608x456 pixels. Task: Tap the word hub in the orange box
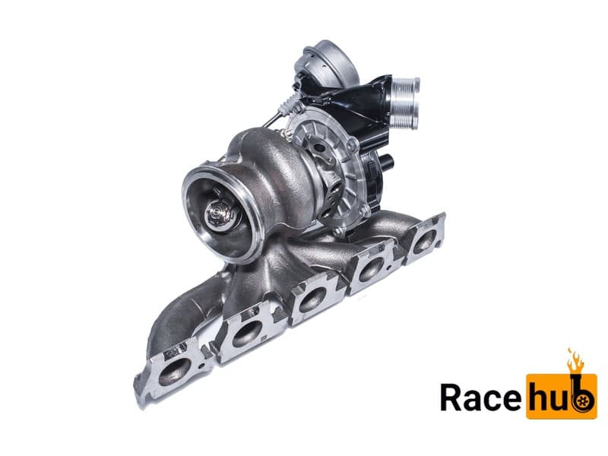pos(561,395)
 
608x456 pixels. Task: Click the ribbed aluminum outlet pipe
pos(404,103)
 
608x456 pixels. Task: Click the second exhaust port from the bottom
pos(246,334)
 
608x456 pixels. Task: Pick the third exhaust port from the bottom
pos(312,299)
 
